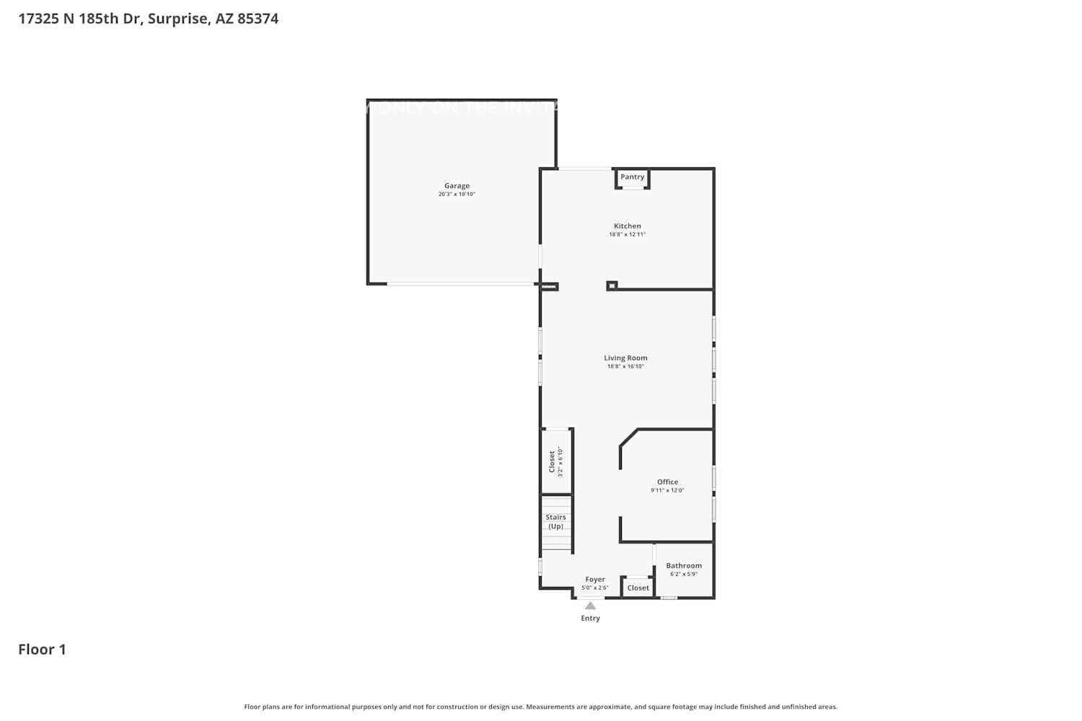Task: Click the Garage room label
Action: pyautogui.click(x=457, y=186)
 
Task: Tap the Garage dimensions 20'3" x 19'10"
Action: pyautogui.click(x=457, y=195)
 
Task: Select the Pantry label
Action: pyautogui.click(x=632, y=177)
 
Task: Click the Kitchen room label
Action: pyautogui.click(x=627, y=226)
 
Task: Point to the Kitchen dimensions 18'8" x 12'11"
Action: pyautogui.click(x=627, y=235)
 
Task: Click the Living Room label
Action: pyautogui.click(x=625, y=358)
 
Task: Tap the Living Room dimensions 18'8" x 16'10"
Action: pyautogui.click(x=625, y=367)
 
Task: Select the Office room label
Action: pyautogui.click(x=667, y=482)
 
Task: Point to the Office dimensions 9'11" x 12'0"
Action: pyautogui.click(x=667, y=491)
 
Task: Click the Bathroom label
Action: pyautogui.click(x=684, y=566)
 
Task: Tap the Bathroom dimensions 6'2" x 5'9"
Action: pyautogui.click(x=684, y=575)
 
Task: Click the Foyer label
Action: pyautogui.click(x=595, y=580)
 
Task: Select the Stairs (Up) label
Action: pyautogui.click(x=555, y=522)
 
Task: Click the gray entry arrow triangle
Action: pyautogui.click(x=590, y=606)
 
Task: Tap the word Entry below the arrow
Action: pyautogui.click(x=590, y=619)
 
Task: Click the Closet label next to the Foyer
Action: pyautogui.click(x=638, y=588)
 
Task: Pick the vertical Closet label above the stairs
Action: pyautogui.click(x=553, y=461)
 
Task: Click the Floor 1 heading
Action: pyautogui.click(x=42, y=650)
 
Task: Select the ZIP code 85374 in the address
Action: pyautogui.click(x=258, y=19)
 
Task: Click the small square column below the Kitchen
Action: pyautogui.click(x=612, y=286)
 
